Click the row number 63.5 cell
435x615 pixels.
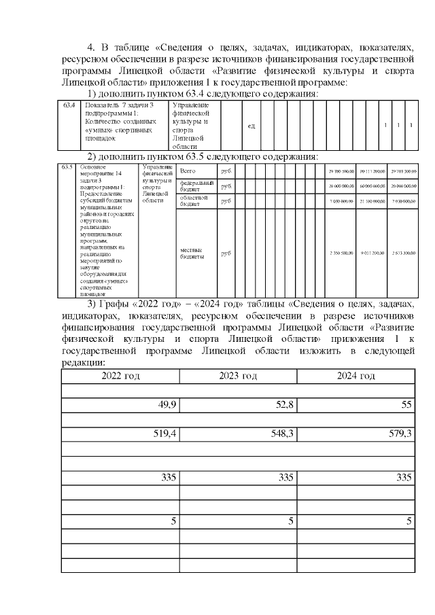[66, 166]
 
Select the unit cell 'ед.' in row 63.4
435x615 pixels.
[251, 126]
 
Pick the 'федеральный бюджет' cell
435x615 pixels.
[196, 186]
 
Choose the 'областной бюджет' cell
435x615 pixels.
[196, 200]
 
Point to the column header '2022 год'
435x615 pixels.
[120, 376]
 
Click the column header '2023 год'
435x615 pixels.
[238, 376]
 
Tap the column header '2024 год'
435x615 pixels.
[356, 376]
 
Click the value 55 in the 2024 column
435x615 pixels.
[406, 406]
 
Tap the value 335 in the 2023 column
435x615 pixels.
[285, 478]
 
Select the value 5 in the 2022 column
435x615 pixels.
[173, 521]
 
